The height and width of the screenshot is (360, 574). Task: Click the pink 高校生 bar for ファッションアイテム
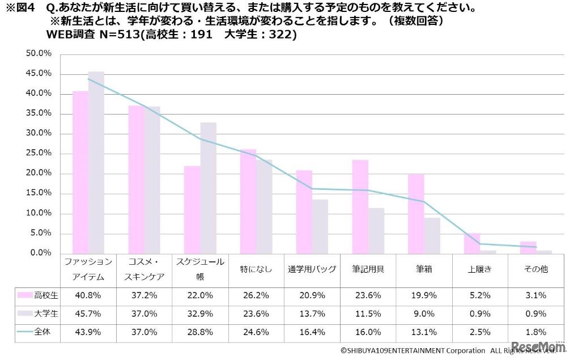80,172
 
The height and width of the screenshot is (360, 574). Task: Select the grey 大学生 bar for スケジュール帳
209,188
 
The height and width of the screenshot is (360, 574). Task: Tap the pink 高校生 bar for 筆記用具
360,206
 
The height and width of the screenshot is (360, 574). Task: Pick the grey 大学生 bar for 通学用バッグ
320,226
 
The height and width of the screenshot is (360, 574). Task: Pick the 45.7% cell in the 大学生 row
88,314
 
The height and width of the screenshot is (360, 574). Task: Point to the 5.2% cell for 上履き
479,295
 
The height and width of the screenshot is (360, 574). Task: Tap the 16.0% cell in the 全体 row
368,332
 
